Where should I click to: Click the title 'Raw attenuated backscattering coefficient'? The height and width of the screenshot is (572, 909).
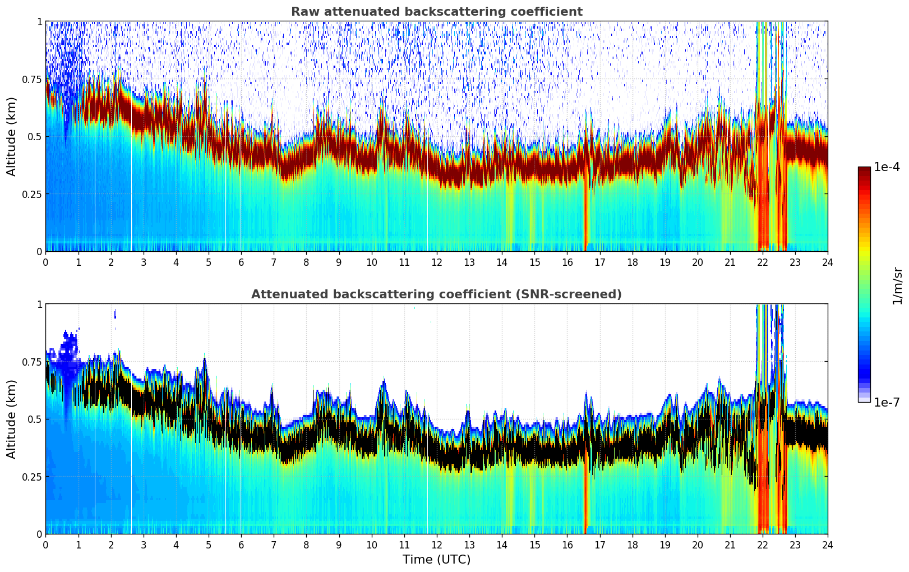(x=436, y=12)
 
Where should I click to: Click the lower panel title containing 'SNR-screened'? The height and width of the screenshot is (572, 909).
(x=436, y=294)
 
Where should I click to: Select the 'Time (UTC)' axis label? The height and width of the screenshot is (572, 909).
(x=436, y=560)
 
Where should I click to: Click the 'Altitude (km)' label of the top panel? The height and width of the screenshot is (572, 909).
(x=12, y=136)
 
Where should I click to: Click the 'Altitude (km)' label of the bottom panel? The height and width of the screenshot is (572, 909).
(x=12, y=419)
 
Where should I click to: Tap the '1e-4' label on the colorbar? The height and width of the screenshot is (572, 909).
(x=887, y=167)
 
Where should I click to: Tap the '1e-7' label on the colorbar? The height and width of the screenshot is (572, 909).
(x=887, y=402)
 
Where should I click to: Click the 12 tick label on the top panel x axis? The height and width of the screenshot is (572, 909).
(x=436, y=262)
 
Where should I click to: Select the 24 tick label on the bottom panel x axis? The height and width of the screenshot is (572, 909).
(x=827, y=545)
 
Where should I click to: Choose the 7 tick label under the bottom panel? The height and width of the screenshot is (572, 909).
(x=274, y=545)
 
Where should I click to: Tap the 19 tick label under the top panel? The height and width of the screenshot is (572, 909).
(x=665, y=262)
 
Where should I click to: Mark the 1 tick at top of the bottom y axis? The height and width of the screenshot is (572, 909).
(x=39, y=304)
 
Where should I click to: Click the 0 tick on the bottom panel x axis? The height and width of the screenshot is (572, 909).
(x=45, y=545)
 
